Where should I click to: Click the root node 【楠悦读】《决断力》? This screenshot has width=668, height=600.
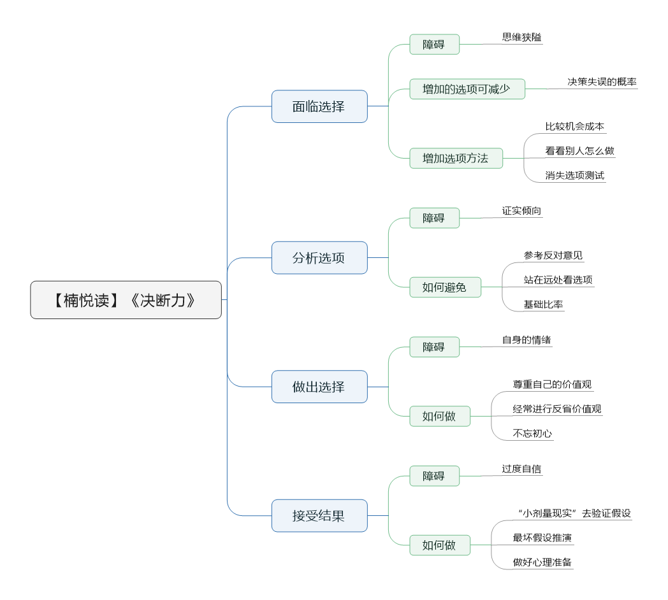click(x=126, y=300)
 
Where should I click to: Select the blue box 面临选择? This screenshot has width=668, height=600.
click(x=319, y=106)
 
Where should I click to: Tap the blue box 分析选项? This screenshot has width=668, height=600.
click(x=319, y=257)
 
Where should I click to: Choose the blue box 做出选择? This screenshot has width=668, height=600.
click(x=319, y=387)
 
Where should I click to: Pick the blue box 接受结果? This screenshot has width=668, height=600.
click(x=319, y=516)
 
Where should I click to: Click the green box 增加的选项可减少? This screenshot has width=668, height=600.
click(x=467, y=89)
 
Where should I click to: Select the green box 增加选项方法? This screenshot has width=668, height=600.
click(x=456, y=159)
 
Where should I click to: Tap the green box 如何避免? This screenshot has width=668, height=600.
click(x=445, y=287)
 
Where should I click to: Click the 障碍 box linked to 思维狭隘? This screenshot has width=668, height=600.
click(x=434, y=45)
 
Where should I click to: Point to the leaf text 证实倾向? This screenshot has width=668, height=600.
click(x=521, y=211)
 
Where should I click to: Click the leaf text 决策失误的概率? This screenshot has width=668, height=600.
click(x=602, y=82)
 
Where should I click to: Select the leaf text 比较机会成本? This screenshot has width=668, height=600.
click(x=575, y=127)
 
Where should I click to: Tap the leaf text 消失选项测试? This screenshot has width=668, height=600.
click(x=575, y=175)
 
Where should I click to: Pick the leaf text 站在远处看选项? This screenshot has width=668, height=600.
click(x=558, y=280)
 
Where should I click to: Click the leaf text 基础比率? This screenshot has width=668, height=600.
click(x=543, y=304)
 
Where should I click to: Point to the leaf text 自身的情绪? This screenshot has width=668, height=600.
click(x=526, y=340)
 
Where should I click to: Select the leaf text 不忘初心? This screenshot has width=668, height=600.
click(x=532, y=434)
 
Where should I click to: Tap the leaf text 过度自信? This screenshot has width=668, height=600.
click(x=521, y=469)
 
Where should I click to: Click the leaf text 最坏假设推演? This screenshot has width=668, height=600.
click(x=542, y=538)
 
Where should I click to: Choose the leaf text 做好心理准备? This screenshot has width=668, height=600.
click(x=542, y=562)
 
